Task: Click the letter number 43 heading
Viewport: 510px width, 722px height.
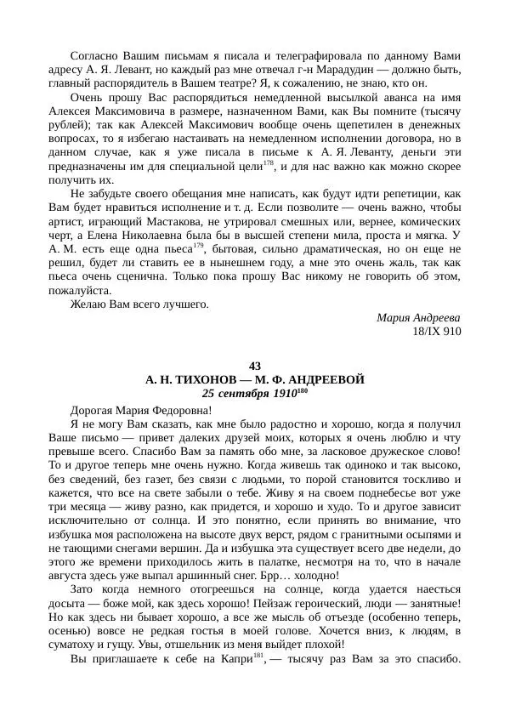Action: [x=255, y=367]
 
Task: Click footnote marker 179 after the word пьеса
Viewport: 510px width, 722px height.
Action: [x=199, y=246]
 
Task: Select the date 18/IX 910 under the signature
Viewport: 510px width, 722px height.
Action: [x=435, y=331]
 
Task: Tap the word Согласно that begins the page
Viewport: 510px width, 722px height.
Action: [x=95, y=55]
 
